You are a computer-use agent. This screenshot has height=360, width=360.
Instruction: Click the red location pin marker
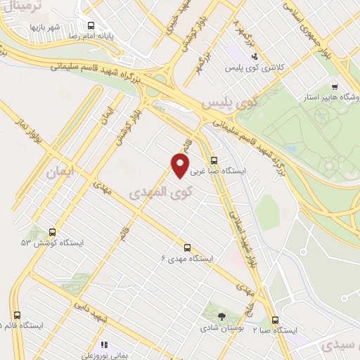(x=181, y=166)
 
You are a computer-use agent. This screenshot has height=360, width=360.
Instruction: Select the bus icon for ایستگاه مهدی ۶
(x=187, y=247)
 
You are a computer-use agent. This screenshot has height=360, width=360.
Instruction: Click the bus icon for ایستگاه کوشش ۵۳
(x=52, y=232)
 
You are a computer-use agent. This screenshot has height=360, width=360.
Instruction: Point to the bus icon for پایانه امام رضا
(x=90, y=25)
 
